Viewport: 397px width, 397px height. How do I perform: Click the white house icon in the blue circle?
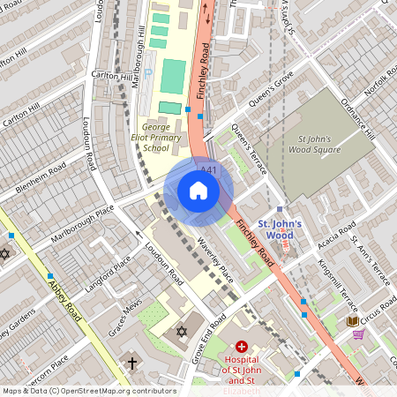point(198,191)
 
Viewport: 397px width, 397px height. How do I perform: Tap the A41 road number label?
point(209,169)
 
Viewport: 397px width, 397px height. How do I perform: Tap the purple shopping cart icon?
point(358,334)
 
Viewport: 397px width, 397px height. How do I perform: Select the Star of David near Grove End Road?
point(183,331)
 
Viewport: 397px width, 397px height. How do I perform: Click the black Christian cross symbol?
point(132,363)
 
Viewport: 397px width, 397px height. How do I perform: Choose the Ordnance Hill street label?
point(357,119)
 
